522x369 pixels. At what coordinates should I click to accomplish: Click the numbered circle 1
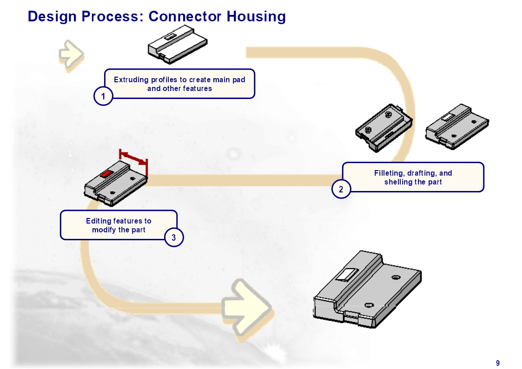[x=103, y=96]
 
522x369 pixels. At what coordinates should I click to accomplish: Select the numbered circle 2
[x=341, y=189]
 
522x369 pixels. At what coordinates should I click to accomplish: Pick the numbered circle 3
[x=174, y=237]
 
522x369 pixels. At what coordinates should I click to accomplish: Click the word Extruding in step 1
[x=131, y=80]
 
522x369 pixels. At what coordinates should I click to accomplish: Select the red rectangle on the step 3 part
[x=106, y=174]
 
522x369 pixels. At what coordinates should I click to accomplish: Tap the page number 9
[x=498, y=363]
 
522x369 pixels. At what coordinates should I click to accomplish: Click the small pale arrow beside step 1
[x=71, y=54]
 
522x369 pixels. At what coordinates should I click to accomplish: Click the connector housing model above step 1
[x=178, y=44]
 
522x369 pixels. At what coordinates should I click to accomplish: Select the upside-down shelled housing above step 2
[x=384, y=128]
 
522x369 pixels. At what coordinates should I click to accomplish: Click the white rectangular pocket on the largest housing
[x=347, y=274]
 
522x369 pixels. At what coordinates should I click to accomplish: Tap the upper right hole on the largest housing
[x=396, y=277]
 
